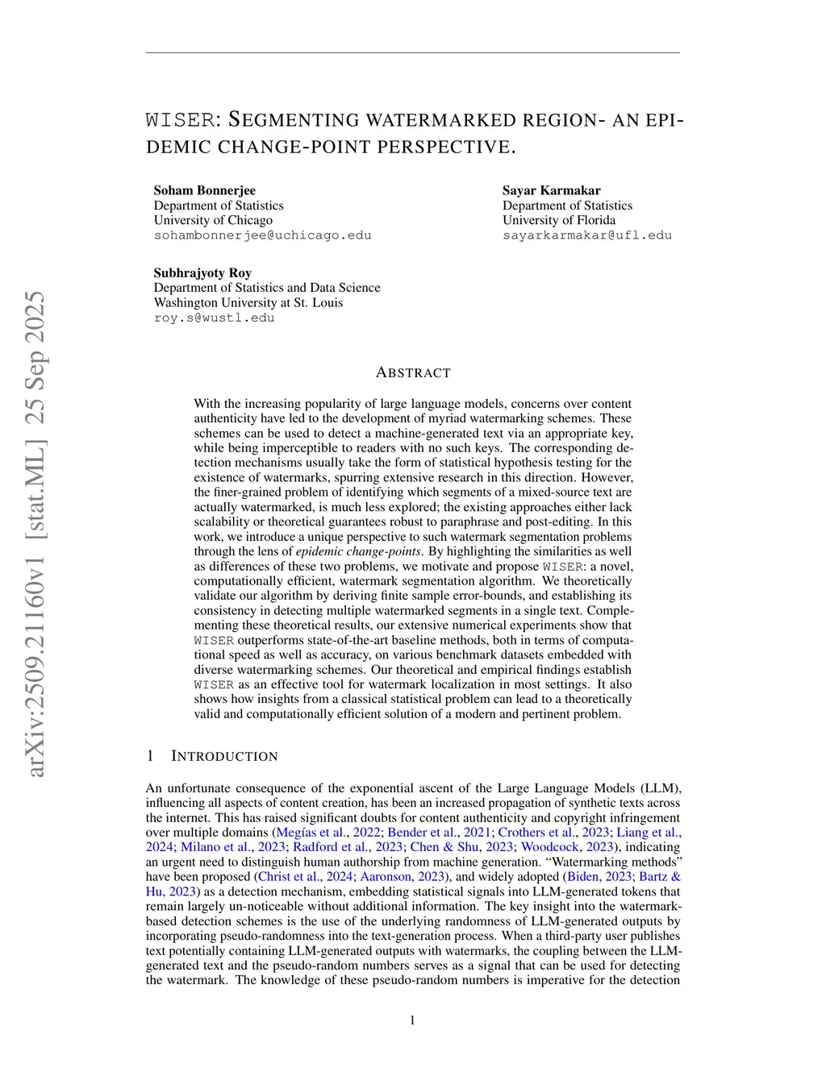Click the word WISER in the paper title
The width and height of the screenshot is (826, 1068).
click(179, 120)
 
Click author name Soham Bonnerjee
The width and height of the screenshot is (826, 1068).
click(205, 190)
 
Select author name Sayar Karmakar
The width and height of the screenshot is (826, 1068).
click(551, 190)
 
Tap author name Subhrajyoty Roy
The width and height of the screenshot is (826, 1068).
click(202, 272)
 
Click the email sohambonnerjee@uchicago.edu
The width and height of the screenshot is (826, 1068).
click(262, 235)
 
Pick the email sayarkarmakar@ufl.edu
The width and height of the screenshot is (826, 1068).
click(586, 235)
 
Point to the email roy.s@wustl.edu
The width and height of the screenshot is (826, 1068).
click(214, 318)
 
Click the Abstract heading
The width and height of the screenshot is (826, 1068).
click(413, 372)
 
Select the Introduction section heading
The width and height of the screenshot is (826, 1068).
click(224, 756)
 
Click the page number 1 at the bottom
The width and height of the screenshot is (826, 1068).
click(413, 1020)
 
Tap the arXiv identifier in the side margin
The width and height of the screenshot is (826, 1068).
click(35, 534)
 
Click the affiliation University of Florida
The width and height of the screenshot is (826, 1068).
click(558, 220)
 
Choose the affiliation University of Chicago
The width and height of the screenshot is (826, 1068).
click(213, 220)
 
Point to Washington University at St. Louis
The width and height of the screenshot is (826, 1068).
click(248, 302)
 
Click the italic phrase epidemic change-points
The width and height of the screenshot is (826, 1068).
click(358, 551)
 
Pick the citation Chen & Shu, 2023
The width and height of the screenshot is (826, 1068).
click(461, 847)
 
